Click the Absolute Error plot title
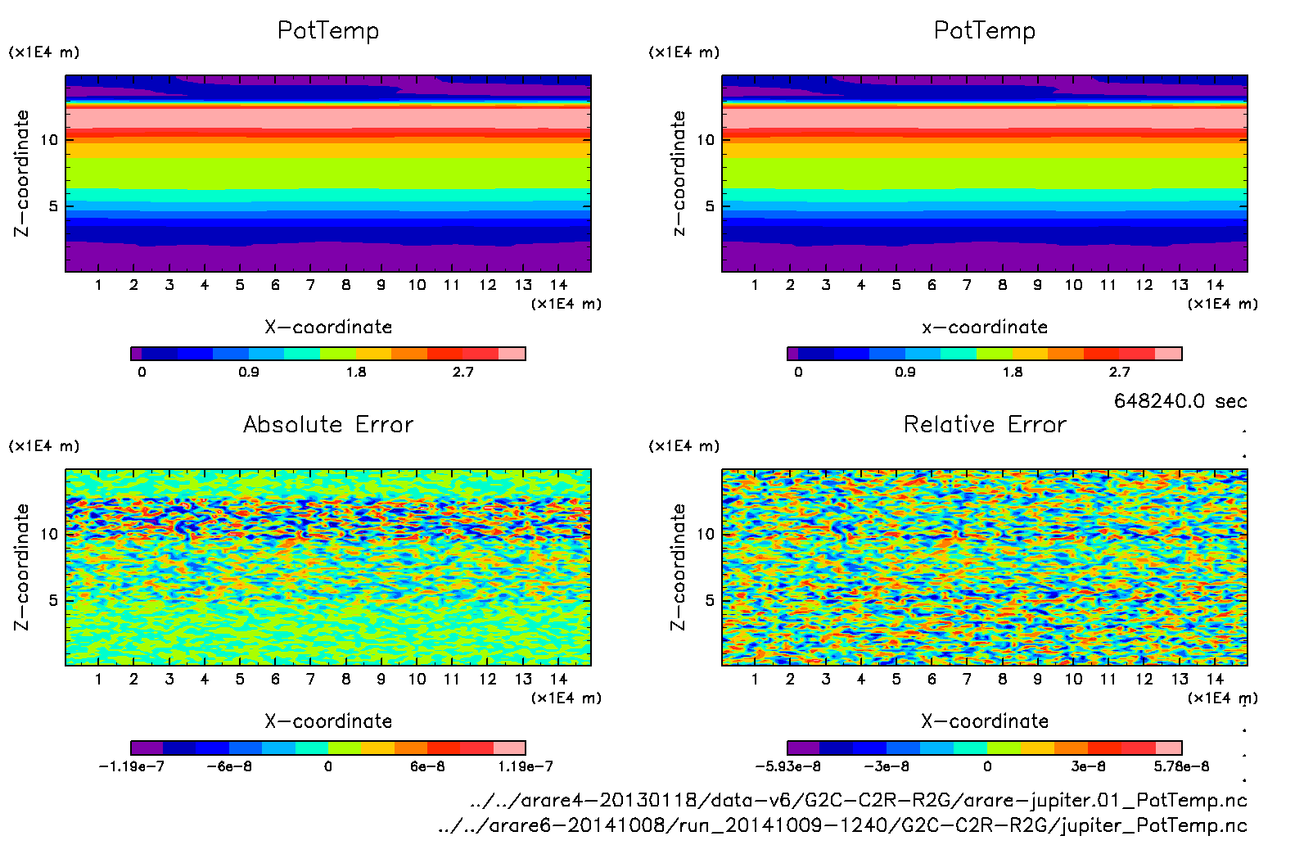point(328,424)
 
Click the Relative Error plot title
point(985,424)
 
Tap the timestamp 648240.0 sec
point(1180,401)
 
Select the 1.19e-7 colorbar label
point(526,766)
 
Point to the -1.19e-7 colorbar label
point(131,766)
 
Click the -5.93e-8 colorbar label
point(787,766)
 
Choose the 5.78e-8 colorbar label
point(1181,766)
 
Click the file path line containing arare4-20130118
point(859,800)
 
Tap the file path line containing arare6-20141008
point(842,825)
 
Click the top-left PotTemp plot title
point(328,30)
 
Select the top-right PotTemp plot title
point(985,30)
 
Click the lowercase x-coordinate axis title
point(985,328)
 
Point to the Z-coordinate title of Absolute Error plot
point(22,567)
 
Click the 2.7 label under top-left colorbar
point(463,373)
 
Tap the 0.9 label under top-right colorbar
point(905,373)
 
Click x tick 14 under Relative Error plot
point(1215,679)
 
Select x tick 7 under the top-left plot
point(310,285)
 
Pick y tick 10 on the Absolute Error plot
point(50,534)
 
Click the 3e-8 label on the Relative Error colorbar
point(1088,766)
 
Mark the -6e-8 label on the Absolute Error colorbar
point(229,766)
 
